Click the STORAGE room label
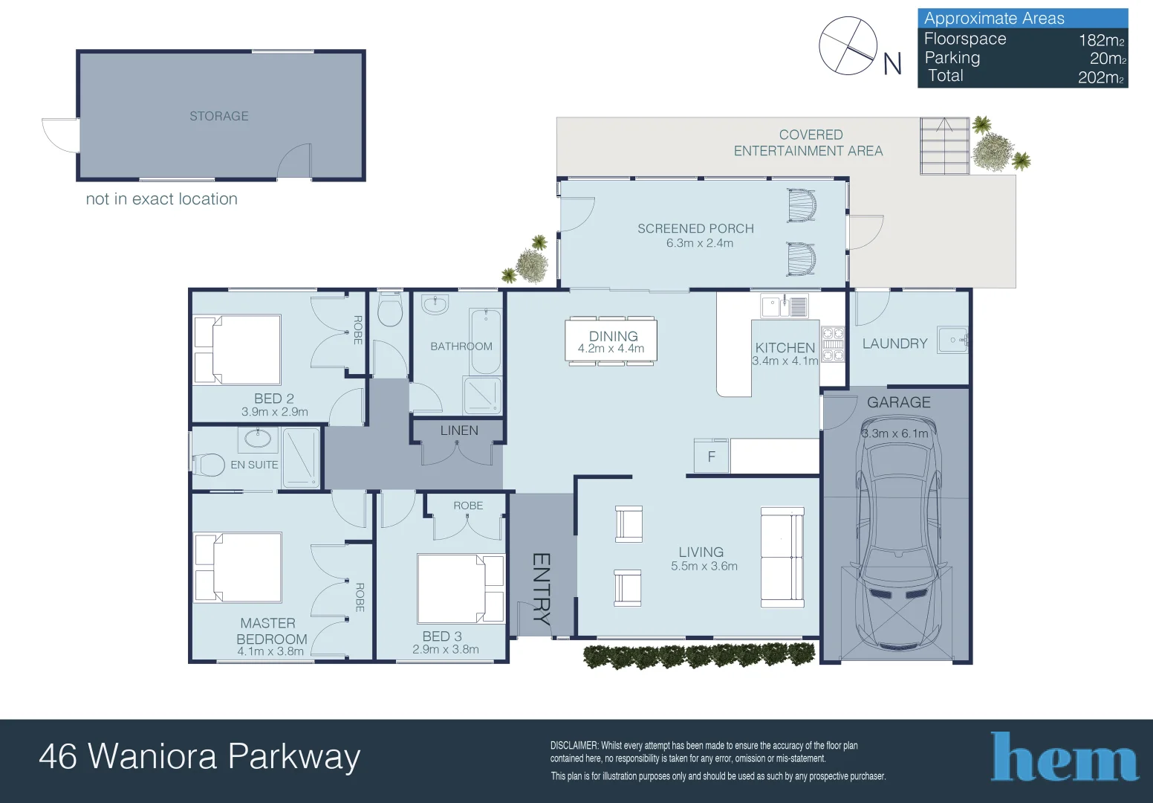pyautogui.click(x=218, y=116)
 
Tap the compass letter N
pyautogui.click(x=892, y=64)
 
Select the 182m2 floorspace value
pyautogui.click(x=1101, y=40)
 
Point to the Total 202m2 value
pyautogui.click(x=1100, y=77)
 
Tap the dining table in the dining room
pyautogui.click(x=611, y=341)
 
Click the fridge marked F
pyautogui.click(x=711, y=457)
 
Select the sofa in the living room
pyautogui.click(x=782, y=557)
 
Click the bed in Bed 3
pyautogui.click(x=460, y=588)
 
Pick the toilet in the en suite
pyautogui.click(x=210, y=465)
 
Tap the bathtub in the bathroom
pyautogui.click(x=485, y=342)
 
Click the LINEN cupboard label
pyautogui.click(x=459, y=430)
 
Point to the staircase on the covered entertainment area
pyautogui.click(x=944, y=146)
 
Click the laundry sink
pyautogui.click(x=952, y=341)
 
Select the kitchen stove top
pyautogui.click(x=833, y=345)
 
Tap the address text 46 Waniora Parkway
pyautogui.click(x=199, y=757)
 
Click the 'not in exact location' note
pyautogui.click(x=161, y=199)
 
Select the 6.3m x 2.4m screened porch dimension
pyautogui.click(x=699, y=243)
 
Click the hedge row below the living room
pyautogui.click(x=698, y=655)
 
